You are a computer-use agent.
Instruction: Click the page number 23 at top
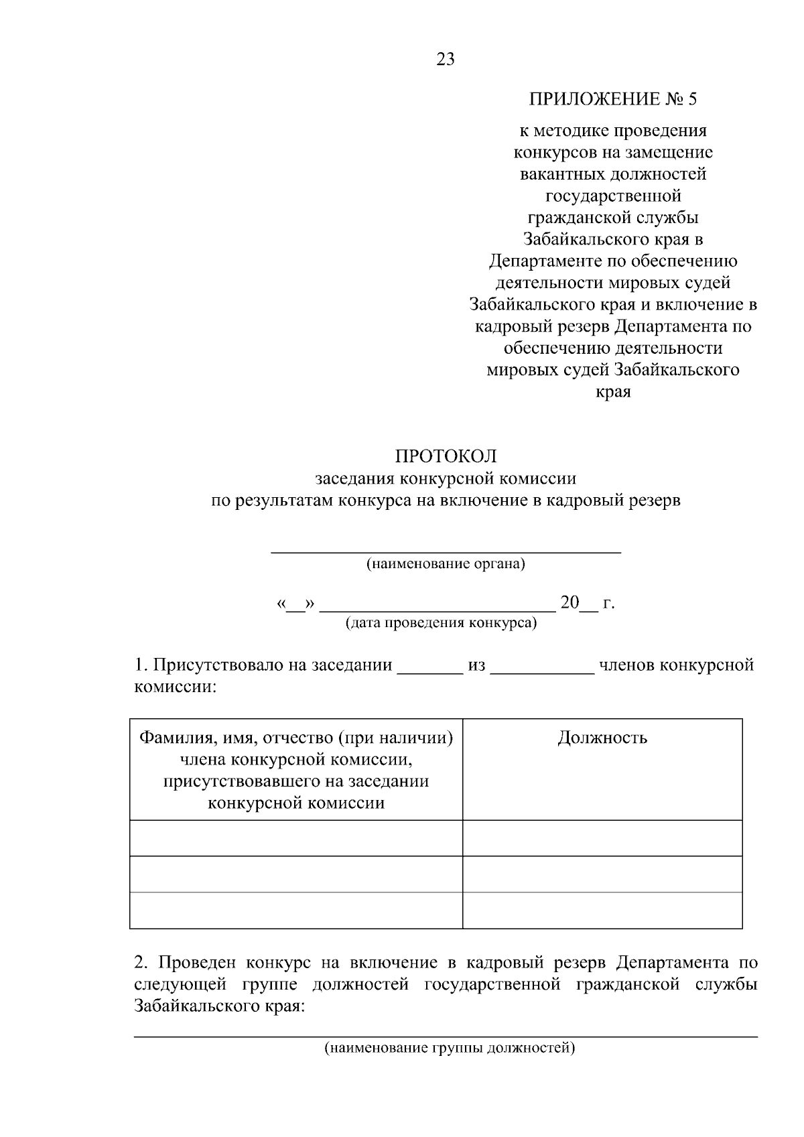click(x=446, y=60)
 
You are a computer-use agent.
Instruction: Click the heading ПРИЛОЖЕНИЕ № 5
click(x=613, y=100)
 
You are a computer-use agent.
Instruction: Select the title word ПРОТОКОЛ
click(x=446, y=456)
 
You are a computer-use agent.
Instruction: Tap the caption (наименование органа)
click(x=446, y=563)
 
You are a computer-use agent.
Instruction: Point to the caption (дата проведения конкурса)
click(x=441, y=623)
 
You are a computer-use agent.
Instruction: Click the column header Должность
click(x=602, y=738)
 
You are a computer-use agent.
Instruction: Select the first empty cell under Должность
click(x=602, y=838)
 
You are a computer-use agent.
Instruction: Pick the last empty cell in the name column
click(x=295, y=910)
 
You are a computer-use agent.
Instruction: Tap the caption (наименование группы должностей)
click(x=450, y=1048)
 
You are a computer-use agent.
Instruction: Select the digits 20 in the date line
click(x=569, y=603)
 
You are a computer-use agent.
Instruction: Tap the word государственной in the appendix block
click(x=613, y=196)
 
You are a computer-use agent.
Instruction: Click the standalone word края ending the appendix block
click(x=613, y=392)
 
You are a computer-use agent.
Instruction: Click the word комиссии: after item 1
click(x=176, y=687)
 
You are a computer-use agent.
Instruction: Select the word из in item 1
click(x=476, y=665)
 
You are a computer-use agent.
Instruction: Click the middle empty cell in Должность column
click(x=602, y=874)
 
